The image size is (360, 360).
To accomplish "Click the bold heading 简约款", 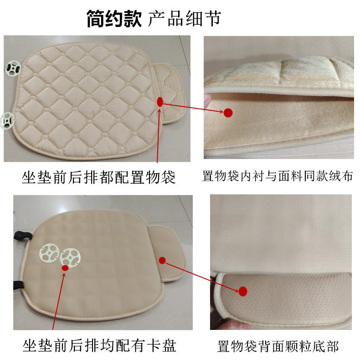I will click(114, 19).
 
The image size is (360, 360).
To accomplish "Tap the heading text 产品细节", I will click(185, 19).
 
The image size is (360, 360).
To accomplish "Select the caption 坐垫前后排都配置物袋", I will click(98, 176).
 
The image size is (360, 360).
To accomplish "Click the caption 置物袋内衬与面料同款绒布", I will click(278, 176).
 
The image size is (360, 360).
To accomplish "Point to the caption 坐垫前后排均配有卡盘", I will click(99, 346).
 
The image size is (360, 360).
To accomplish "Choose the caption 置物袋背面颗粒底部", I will click(278, 346).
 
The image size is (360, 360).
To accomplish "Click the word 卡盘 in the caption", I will click(163, 346).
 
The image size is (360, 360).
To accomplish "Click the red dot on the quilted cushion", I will click(159, 102).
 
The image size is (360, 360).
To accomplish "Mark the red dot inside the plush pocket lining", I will click(228, 112).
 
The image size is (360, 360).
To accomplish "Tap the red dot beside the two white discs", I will click(66, 268).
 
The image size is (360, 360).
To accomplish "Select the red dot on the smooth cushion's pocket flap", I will click(162, 260).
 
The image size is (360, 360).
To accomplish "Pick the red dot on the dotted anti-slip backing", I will click(243, 290).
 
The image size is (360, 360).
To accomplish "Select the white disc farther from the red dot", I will click(49, 253).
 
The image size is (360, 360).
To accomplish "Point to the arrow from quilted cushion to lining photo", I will click(194, 108).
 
